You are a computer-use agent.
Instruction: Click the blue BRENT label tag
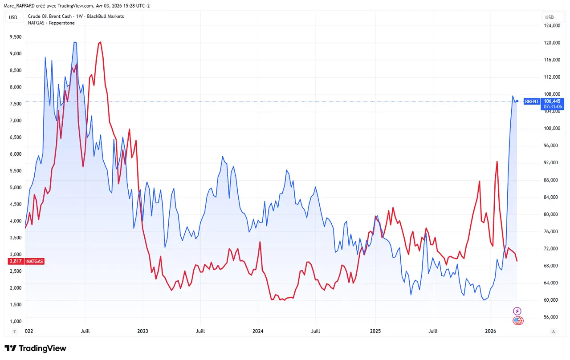pyautogui.click(x=532, y=101)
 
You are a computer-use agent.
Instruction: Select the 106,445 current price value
pyautogui.click(x=552, y=101)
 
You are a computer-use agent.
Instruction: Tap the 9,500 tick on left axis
pyautogui.click(x=16, y=37)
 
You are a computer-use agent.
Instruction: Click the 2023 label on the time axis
pyautogui.click(x=142, y=331)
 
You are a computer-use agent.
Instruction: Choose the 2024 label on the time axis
pyautogui.click(x=258, y=331)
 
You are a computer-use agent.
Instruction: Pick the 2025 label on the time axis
pyautogui.click(x=375, y=331)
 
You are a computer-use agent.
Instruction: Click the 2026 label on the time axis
pyautogui.click(x=490, y=331)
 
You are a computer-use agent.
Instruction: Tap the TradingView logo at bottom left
pyautogui.click(x=35, y=348)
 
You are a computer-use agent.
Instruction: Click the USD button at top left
pyautogui.click(x=13, y=17)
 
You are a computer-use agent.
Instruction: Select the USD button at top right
pyautogui.click(x=550, y=17)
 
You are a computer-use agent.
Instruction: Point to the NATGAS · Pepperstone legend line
pyautogui.click(x=51, y=23)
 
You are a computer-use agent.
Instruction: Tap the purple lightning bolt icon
pyautogui.click(x=517, y=311)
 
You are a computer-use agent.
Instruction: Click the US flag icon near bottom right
pyautogui.click(x=518, y=320)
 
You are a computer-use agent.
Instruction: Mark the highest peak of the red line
pyautogui.click(x=101, y=42)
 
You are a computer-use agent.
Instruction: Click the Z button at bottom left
pyautogui.click(x=14, y=332)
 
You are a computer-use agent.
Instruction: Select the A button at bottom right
pyautogui.click(x=554, y=332)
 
